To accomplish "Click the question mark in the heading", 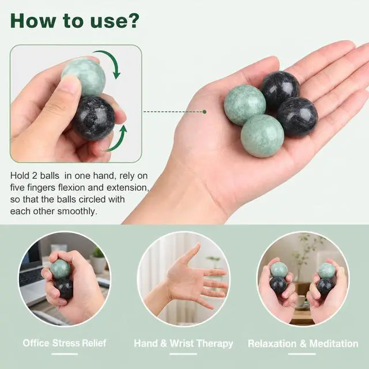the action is click(x=132, y=21).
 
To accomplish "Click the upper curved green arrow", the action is click(x=109, y=63).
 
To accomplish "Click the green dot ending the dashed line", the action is click(x=205, y=112).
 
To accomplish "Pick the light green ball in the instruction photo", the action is click(x=84, y=77).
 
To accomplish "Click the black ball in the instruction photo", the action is click(x=93, y=118).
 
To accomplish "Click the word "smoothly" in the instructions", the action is click(x=76, y=211).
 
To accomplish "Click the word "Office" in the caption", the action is click(x=36, y=343).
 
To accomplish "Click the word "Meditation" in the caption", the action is click(x=334, y=344).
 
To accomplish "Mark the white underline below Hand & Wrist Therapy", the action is click(x=183, y=353).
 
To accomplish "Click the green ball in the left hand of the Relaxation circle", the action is click(x=278, y=269).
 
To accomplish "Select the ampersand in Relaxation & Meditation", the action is click(x=303, y=344).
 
